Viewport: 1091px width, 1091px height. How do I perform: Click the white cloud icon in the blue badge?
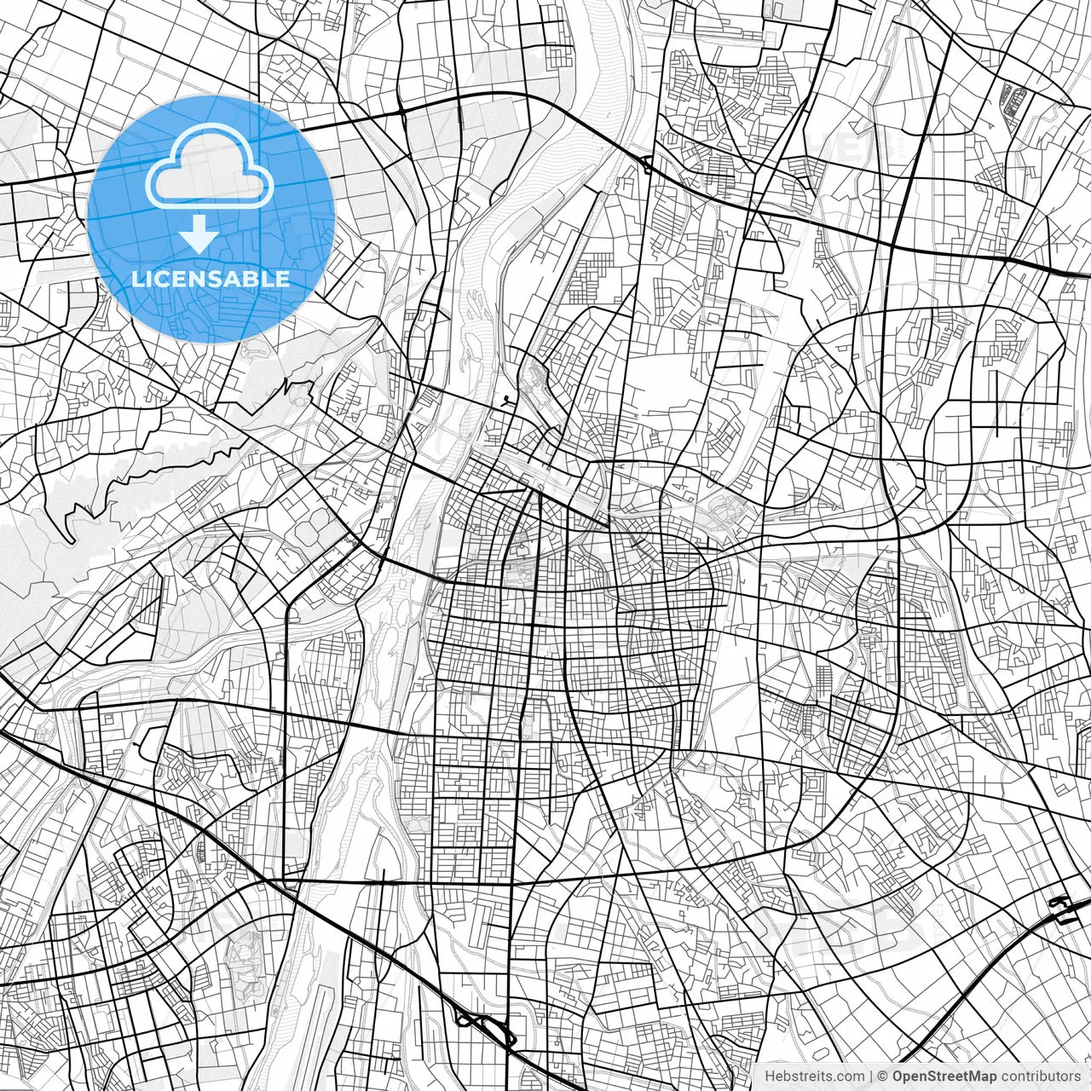(210, 166)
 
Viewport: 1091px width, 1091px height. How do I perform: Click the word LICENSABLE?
(211, 279)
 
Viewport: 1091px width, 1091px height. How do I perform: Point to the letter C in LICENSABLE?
(163, 279)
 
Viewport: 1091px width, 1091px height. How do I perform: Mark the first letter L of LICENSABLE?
(137, 279)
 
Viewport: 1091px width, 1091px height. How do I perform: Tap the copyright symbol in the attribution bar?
(884, 1077)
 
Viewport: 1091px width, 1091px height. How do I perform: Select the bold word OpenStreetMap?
(944, 1077)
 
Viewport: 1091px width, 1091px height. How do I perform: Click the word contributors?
(1041, 1077)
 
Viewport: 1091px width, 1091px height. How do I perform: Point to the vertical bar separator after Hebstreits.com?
(871, 1077)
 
